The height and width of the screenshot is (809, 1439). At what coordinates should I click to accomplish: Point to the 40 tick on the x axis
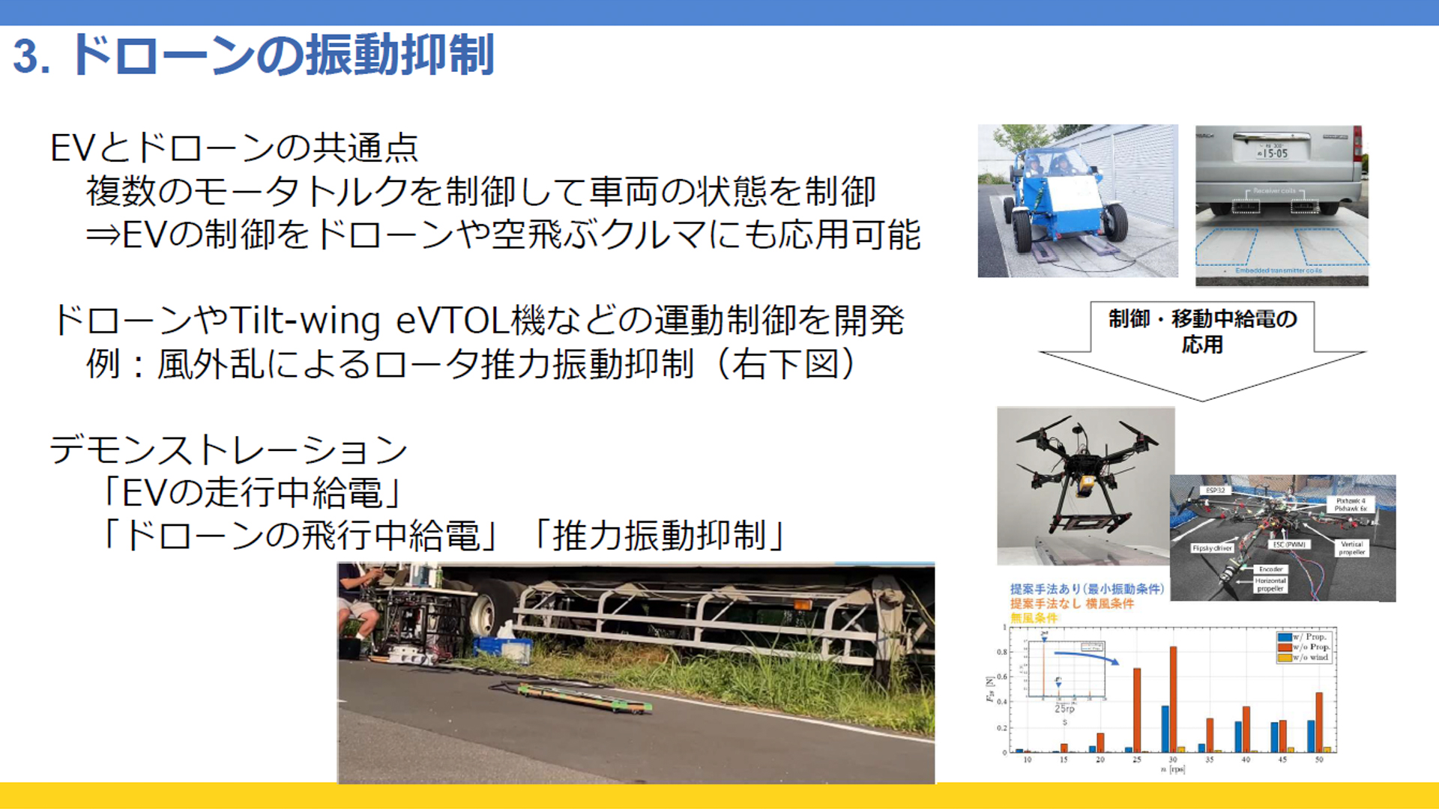(x=1246, y=760)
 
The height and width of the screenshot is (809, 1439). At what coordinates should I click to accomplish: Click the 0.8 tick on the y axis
(x=1002, y=652)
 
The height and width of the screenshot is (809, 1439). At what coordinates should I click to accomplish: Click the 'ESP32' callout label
(x=1215, y=491)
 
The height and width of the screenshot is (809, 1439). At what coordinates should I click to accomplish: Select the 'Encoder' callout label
(x=1270, y=569)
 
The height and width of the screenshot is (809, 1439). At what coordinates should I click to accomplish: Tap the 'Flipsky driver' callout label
(x=1212, y=548)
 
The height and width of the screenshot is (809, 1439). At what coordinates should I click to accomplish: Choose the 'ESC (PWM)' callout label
(x=1289, y=545)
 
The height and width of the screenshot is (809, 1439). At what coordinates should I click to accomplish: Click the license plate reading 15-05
(x=1273, y=153)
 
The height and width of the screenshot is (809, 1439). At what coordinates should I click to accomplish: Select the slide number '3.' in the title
(x=31, y=57)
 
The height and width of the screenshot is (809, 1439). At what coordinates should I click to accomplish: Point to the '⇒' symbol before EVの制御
(x=103, y=235)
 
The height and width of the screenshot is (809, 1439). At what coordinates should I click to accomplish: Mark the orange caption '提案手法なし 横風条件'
(x=1072, y=604)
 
